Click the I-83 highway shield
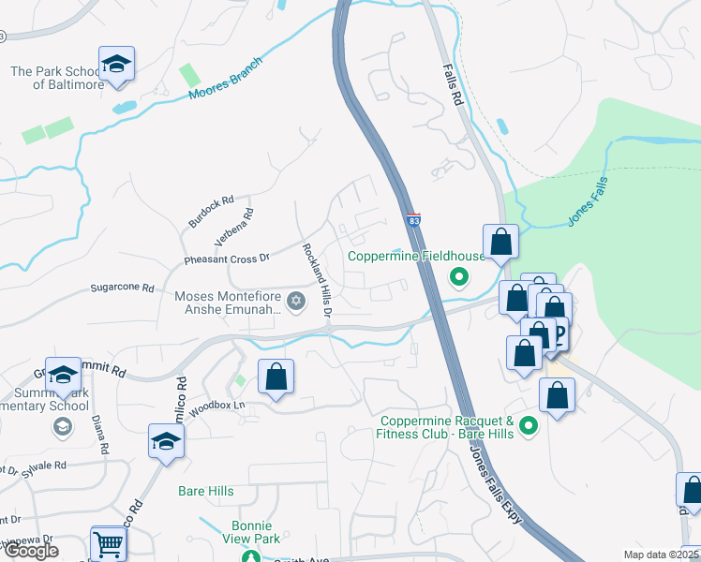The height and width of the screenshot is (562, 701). click(x=413, y=221)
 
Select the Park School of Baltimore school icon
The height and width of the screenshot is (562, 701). click(x=117, y=65)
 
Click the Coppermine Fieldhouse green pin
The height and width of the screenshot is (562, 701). click(x=458, y=276)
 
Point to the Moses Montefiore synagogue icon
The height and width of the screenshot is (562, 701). click(x=297, y=301)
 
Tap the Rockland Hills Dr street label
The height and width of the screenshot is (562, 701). click(x=317, y=280)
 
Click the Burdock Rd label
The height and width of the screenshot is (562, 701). click(x=210, y=214)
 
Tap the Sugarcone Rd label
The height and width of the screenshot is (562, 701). click(x=122, y=288)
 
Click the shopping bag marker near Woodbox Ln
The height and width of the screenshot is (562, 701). click(x=276, y=378)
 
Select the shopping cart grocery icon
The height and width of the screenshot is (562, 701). click(x=109, y=542)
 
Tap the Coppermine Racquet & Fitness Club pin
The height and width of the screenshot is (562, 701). click(x=529, y=427)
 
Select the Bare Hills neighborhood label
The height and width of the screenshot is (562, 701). click(x=205, y=490)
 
